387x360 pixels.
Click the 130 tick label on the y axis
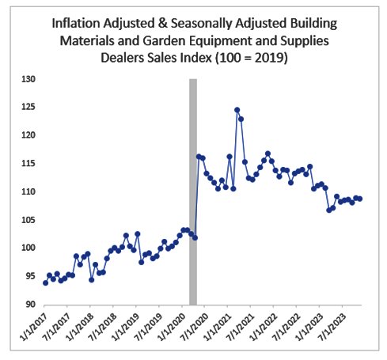click(28, 79)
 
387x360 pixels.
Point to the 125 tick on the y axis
click(28, 108)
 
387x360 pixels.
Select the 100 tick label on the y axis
click(28, 248)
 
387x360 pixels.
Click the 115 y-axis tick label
click(28, 164)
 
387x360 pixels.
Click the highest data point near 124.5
click(237, 110)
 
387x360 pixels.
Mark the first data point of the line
click(45, 282)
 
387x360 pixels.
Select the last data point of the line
click(360, 199)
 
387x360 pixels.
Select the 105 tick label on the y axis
click(28, 220)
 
